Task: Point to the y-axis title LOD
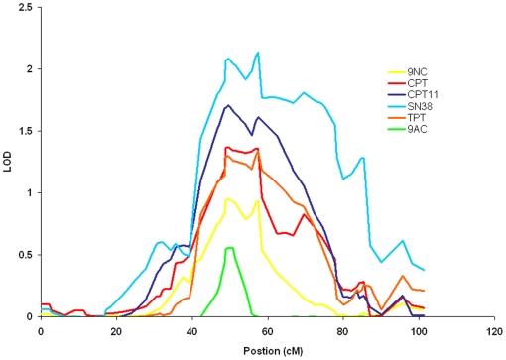pyautogui.click(x=9, y=162)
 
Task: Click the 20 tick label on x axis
pyautogui.click(x=116, y=330)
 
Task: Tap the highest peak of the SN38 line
pyautogui.click(x=258, y=53)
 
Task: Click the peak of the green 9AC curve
pyautogui.click(x=229, y=248)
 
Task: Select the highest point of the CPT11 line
pyautogui.click(x=228, y=105)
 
